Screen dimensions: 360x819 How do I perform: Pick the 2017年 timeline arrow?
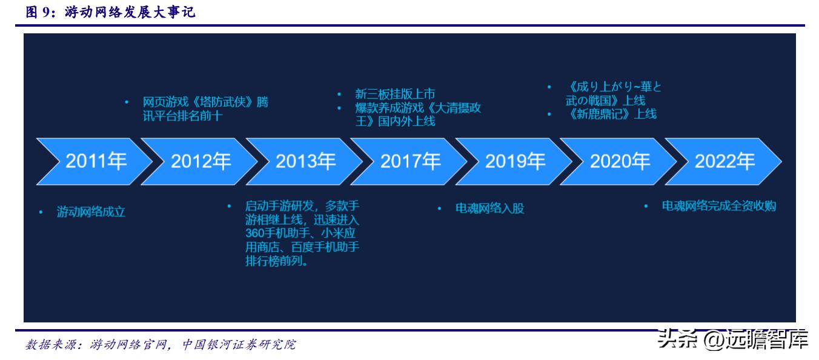coord(411,161)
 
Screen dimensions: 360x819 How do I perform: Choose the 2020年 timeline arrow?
coord(620,161)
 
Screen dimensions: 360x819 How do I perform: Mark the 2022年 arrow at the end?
coord(724,161)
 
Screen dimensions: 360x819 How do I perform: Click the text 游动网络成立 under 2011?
coord(91,213)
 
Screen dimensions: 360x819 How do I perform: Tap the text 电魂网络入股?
coord(489,208)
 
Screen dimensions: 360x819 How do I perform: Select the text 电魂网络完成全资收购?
coord(719,206)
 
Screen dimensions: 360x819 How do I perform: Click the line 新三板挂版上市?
coord(395,94)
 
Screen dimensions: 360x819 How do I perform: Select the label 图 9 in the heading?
coord(38,12)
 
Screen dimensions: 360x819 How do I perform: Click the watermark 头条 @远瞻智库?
coord(733,338)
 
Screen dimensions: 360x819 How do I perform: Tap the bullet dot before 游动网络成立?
coord(41,213)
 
